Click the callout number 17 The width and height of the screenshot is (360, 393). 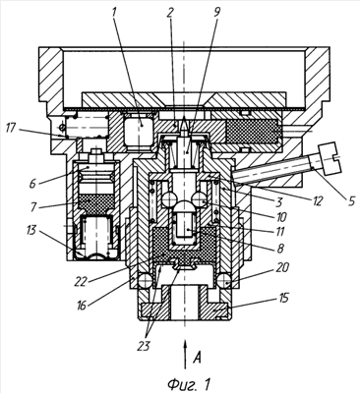(11, 128)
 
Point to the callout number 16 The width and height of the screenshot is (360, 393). (82, 306)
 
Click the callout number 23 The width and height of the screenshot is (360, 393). (144, 346)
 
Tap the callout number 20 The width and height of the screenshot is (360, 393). (283, 267)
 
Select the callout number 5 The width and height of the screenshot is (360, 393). (351, 200)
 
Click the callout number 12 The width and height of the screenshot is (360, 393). (318, 199)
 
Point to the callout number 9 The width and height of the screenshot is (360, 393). (216, 11)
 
